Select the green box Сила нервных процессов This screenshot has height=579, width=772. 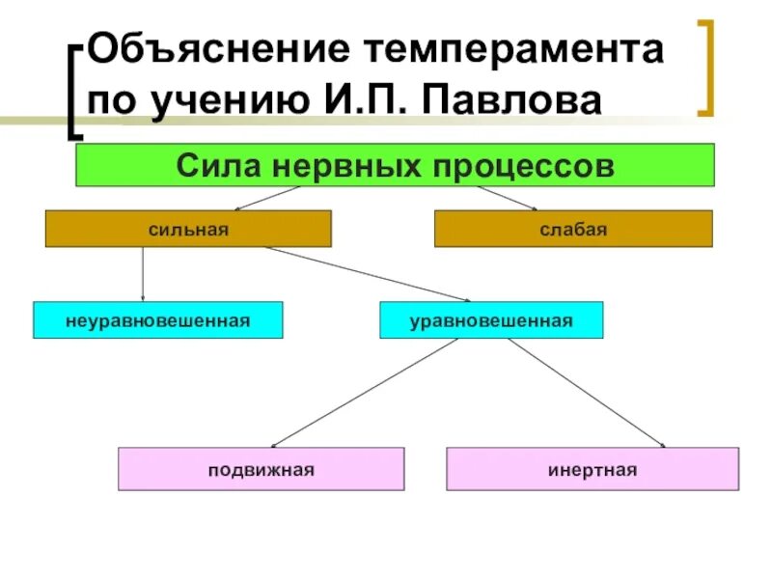pyautogui.click(x=395, y=164)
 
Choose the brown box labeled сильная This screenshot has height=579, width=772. pyautogui.click(x=188, y=229)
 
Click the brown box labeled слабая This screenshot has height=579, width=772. pyautogui.click(x=573, y=229)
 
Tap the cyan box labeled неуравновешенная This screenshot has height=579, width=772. pyautogui.click(x=158, y=319)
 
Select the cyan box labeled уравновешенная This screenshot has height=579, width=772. pyautogui.click(x=491, y=319)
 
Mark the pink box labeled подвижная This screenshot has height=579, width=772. pyautogui.click(x=261, y=469)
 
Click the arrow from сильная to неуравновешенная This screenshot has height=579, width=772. pyautogui.click(x=143, y=275)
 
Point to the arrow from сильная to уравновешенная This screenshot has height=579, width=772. pyautogui.click(x=367, y=274)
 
